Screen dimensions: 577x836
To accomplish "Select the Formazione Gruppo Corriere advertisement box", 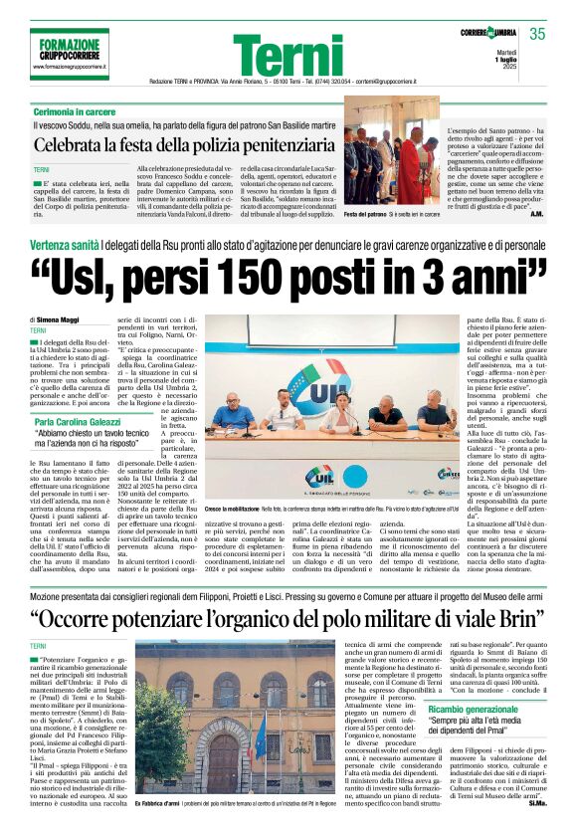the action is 70,55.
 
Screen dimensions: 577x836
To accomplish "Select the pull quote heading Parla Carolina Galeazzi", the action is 90,394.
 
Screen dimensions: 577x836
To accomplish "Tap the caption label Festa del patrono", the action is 365,214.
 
